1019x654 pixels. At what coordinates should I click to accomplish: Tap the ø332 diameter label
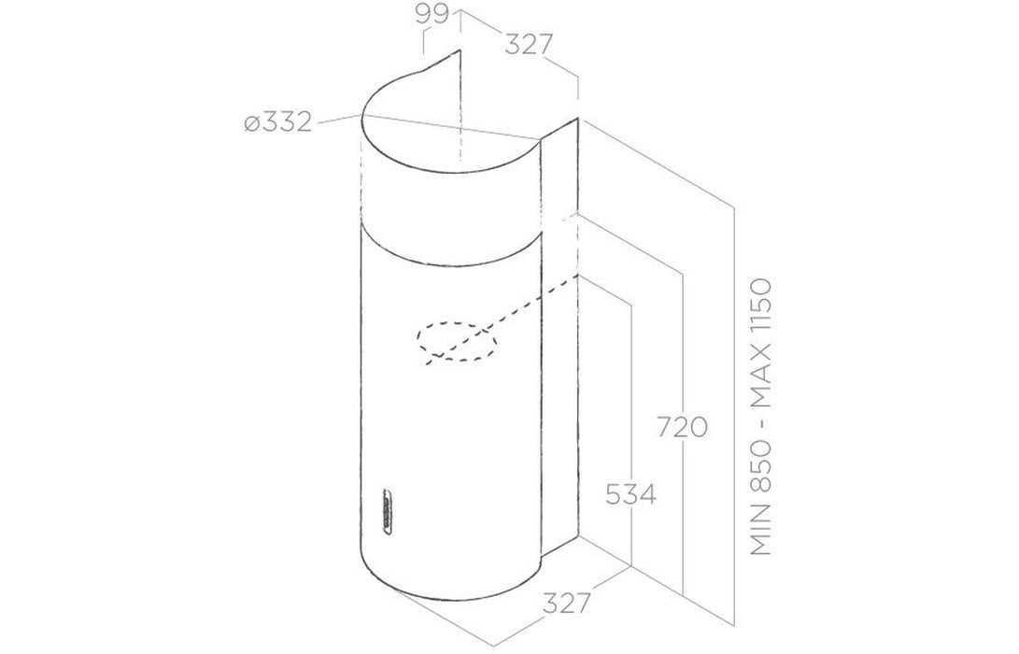click(276, 123)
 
